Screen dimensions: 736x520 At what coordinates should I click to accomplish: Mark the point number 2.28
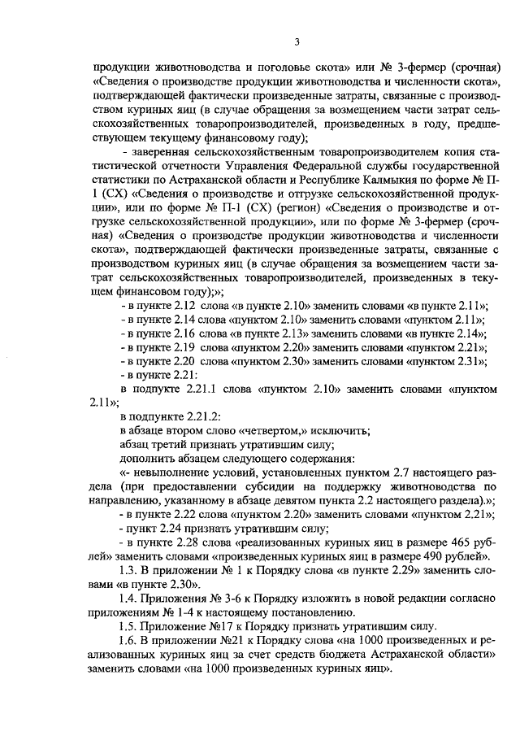(180, 542)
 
